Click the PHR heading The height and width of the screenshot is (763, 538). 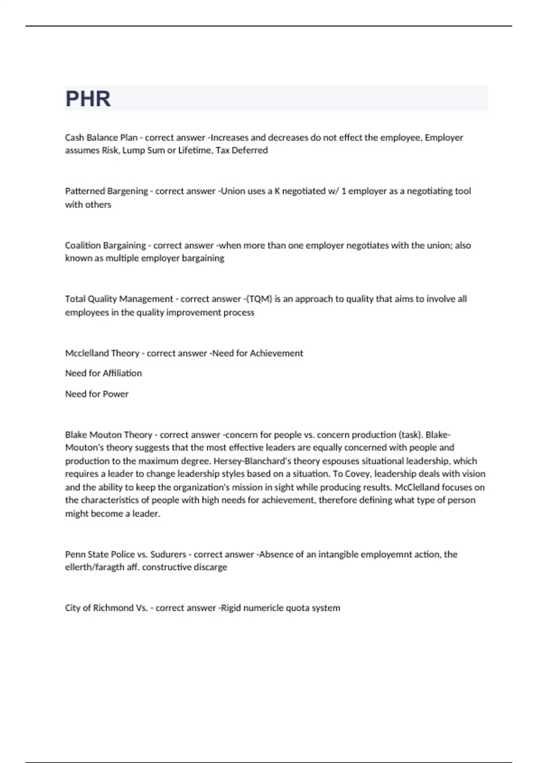click(x=88, y=99)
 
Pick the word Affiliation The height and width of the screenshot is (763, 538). click(x=122, y=373)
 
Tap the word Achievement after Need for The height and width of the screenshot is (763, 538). click(x=276, y=353)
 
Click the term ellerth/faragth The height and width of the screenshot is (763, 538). click(x=95, y=567)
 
